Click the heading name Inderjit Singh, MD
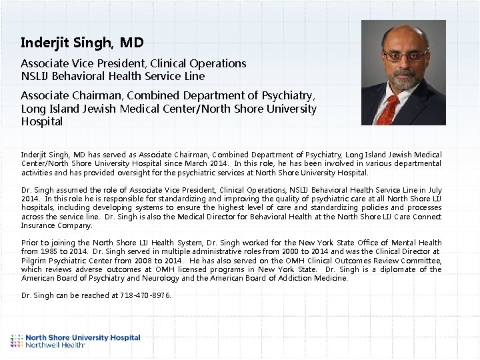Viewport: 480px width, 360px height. pos(82,43)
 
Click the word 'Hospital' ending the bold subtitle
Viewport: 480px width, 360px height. pos(42,122)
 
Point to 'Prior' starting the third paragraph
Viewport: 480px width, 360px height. pos(29,243)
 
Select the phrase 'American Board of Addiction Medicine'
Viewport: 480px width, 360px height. pos(287,278)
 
